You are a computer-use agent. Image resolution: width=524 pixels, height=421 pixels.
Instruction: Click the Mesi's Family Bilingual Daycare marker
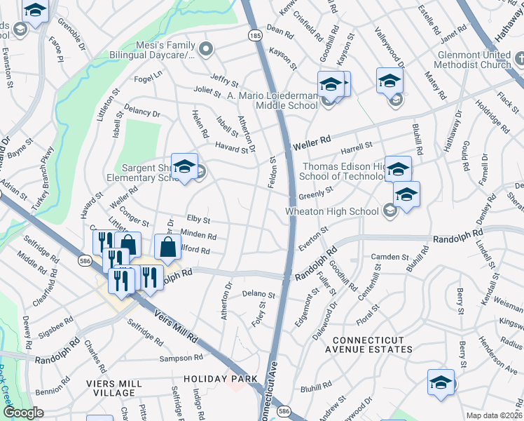[205, 49]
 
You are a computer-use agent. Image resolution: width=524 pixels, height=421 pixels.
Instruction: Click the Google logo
[23, 413]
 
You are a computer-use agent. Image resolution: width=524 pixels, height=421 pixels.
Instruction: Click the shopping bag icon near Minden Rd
[169, 246]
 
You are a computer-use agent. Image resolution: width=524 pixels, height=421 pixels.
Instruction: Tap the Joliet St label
[207, 90]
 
